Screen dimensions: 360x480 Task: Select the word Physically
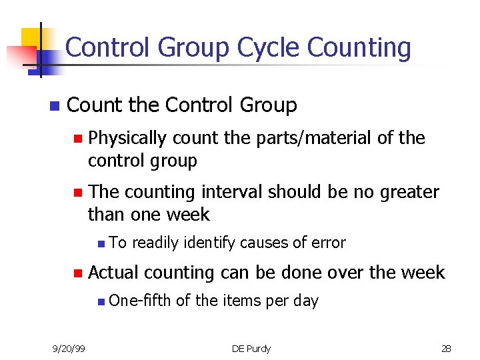(127, 138)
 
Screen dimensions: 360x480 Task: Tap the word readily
(157, 243)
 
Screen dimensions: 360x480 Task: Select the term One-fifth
(139, 301)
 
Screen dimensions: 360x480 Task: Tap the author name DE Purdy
(251, 347)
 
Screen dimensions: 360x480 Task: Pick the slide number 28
(446, 347)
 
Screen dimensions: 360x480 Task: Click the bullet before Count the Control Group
(53, 106)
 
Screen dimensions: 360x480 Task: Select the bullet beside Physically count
(77, 139)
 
